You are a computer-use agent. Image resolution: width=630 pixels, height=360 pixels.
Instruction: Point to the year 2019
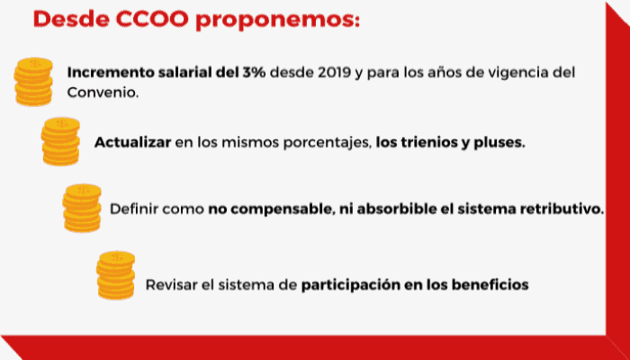pyautogui.click(x=331, y=73)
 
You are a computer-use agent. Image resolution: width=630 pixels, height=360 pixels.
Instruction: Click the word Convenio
pyautogui.click(x=103, y=93)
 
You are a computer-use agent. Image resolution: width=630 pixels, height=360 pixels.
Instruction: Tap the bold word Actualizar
pyautogui.click(x=132, y=143)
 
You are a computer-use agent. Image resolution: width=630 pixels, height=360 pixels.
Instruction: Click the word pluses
pyautogui.click(x=499, y=143)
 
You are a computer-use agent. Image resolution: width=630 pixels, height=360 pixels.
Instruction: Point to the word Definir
pyautogui.click(x=134, y=210)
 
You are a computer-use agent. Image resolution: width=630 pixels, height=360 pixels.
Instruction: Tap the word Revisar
pyautogui.click(x=171, y=284)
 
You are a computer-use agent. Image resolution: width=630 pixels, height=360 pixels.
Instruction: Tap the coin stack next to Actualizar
pyautogui.click(x=61, y=141)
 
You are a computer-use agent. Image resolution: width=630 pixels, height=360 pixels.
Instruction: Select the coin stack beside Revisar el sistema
pyautogui.click(x=115, y=275)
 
